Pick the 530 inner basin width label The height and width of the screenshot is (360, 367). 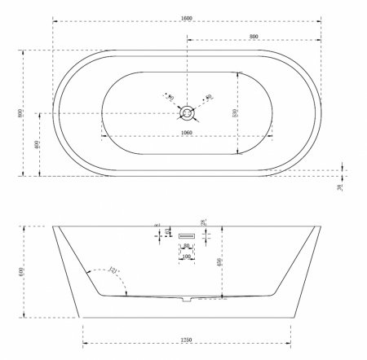pyautogui.click(x=235, y=112)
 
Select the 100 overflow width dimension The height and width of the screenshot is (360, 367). pyautogui.click(x=188, y=257)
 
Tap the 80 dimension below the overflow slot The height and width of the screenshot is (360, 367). pyautogui.click(x=188, y=246)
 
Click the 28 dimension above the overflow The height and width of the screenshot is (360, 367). pyautogui.click(x=202, y=222)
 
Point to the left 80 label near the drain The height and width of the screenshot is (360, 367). pyautogui.click(x=170, y=99)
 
